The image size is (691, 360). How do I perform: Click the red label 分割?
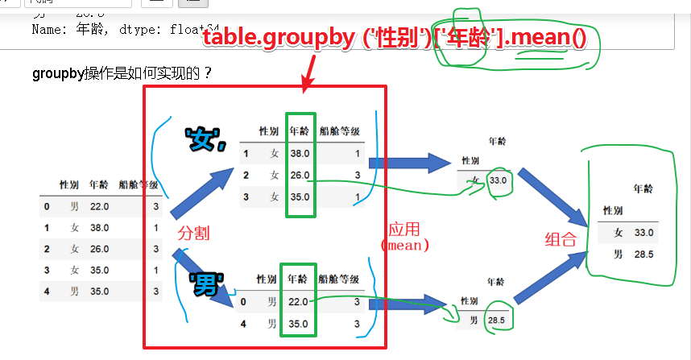coord(193,233)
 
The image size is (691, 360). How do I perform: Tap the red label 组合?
coord(561,239)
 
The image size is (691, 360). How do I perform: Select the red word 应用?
coord(404,229)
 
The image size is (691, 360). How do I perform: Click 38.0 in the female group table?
coord(300,153)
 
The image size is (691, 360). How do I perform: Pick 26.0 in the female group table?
coord(300,175)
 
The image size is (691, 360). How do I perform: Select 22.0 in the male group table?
coord(298,302)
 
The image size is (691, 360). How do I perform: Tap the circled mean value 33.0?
coord(498,180)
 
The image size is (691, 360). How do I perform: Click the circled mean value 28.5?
coord(496,321)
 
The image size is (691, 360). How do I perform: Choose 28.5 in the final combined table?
coord(643,254)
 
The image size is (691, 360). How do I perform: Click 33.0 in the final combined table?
coord(643,233)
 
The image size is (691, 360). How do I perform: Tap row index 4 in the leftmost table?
coord(48,291)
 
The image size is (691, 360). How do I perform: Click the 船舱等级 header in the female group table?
coord(339,130)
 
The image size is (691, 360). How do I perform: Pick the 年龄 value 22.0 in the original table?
coord(99,207)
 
